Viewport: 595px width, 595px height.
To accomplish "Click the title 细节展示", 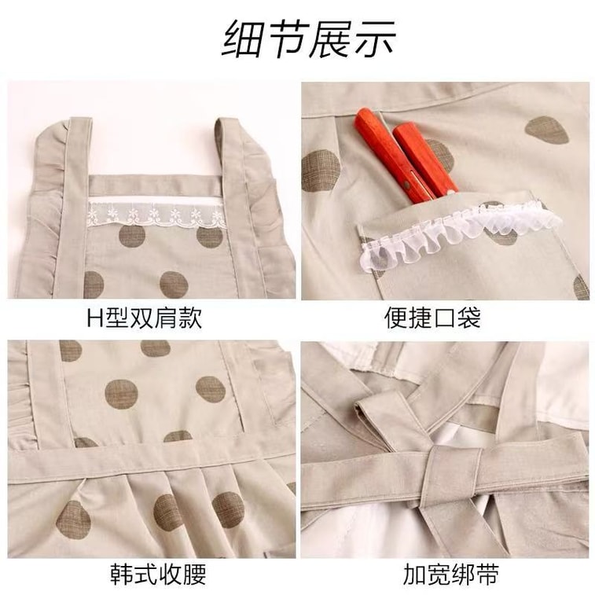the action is pyautogui.click(x=309, y=39).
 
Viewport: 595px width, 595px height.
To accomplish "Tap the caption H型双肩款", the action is pyautogui.click(x=144, y=318).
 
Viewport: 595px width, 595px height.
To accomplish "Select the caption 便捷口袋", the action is pyautogui.click(x=433, y=318).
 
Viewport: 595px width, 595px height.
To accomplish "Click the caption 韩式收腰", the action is pyautogui.click(x=158, y=575).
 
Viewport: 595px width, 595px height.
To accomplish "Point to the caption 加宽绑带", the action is pyautogui.click(x=451, y=575).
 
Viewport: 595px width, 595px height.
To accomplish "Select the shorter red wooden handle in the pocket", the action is pyautogui.click(x=424, y=160).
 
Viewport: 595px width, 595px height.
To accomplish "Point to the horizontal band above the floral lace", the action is pyautogui.click(x=155, y=186).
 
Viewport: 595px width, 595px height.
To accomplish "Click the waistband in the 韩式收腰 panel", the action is pyautogui.click(x=152, y=465).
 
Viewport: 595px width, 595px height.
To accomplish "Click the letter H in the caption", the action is pyautogui.click(x=94, y=318).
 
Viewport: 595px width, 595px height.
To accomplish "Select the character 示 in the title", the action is pyautogui.click(x=374, y=39).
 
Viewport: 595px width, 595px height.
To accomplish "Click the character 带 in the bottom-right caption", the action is pyautogui.click(x=487, y=575).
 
